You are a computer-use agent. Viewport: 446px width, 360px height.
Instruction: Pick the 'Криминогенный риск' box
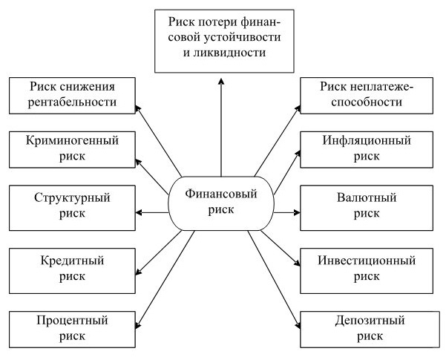click(72, 147)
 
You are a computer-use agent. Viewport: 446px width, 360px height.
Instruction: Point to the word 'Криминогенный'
click(72, 140)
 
